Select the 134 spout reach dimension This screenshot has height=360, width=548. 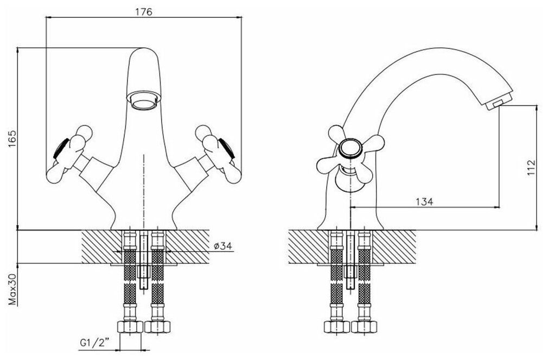point(424,201)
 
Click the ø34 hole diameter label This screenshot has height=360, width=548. point(223,246)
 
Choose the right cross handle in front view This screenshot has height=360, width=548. point(217,153)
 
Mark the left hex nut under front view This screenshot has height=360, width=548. point(131,327)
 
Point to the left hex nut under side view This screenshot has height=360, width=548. point(336,327)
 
